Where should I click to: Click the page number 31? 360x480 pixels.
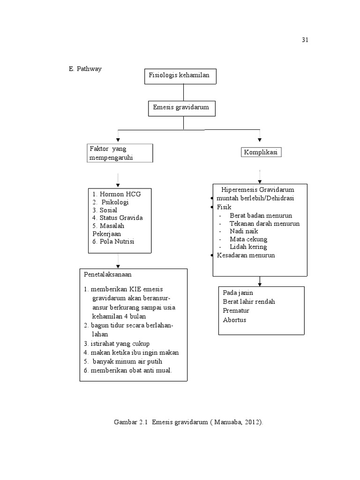pos(305,40)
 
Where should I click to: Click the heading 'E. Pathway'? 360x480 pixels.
pos(85,68)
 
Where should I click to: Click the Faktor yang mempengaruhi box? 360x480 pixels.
pos(120,153)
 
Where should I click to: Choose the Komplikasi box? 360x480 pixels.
pos(262,152)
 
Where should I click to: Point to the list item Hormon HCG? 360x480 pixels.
pos(116,194)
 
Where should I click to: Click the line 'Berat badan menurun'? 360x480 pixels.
pos(261,215)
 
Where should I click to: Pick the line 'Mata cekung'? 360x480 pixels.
pos(248,239)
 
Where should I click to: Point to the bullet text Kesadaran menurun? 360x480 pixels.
pos(246,255)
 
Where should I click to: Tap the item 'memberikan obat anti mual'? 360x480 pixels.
pos(128,370)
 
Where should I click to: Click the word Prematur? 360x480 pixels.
pos(236,311)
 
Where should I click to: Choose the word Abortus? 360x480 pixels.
pos(234,320)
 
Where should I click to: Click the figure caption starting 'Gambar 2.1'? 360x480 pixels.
pos(188,422)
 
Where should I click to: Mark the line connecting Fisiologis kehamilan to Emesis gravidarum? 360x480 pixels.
pos(184,92)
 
